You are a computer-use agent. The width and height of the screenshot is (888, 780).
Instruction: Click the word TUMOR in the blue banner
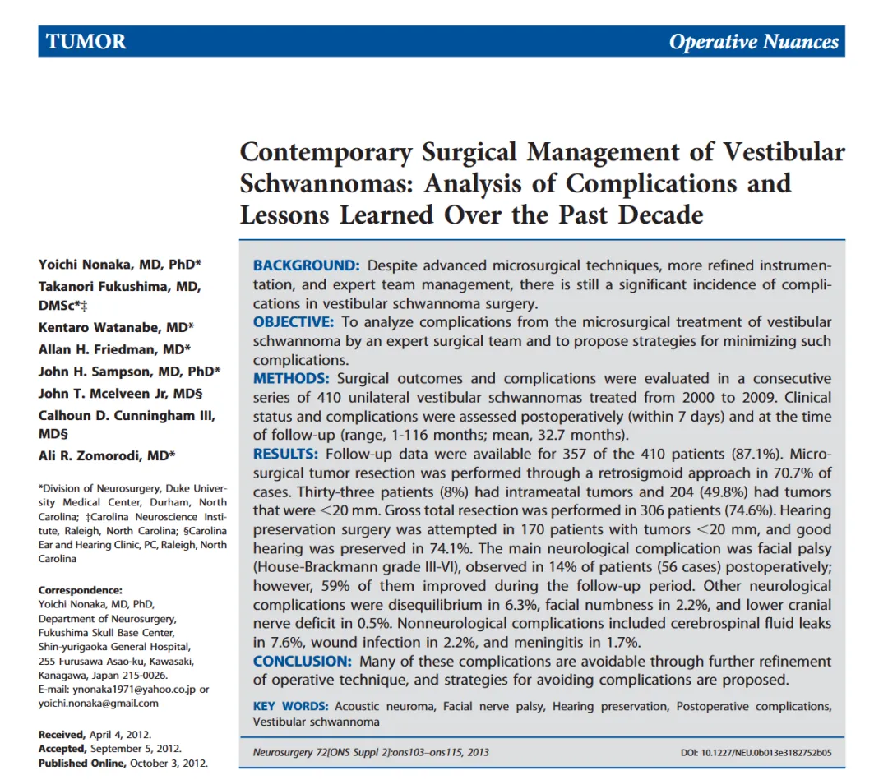(86, 42)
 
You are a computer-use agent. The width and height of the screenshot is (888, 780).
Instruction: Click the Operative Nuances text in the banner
(753, 42)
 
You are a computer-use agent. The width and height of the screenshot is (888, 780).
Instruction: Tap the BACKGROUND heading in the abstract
(306, 265)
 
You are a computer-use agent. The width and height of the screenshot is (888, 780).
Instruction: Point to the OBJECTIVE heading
(294, 322)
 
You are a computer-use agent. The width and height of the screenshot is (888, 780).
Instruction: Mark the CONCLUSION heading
(303, 662)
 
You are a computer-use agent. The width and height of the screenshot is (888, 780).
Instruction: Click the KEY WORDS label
(290, 707)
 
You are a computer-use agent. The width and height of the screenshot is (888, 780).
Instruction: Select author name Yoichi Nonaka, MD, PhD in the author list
(119, 264)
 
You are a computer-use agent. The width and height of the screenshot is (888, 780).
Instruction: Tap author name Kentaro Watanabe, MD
(116, 327)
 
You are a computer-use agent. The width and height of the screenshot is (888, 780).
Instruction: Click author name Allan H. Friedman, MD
(114, 348)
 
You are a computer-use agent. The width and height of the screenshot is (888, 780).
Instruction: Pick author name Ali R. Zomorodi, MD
(106, 456)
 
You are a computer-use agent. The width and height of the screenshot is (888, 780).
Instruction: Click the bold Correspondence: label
(80, 590)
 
